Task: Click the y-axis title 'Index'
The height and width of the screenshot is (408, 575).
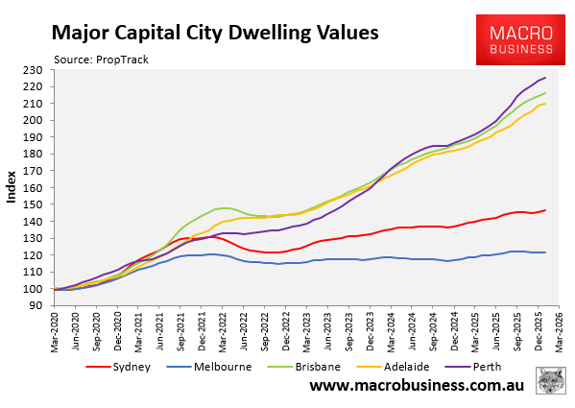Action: click(12, 187)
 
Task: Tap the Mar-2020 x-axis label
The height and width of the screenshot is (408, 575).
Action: click(57, 329)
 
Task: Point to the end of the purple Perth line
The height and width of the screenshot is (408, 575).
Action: click(545, 78)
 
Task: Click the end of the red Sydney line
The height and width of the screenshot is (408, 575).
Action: click(545, 210)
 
